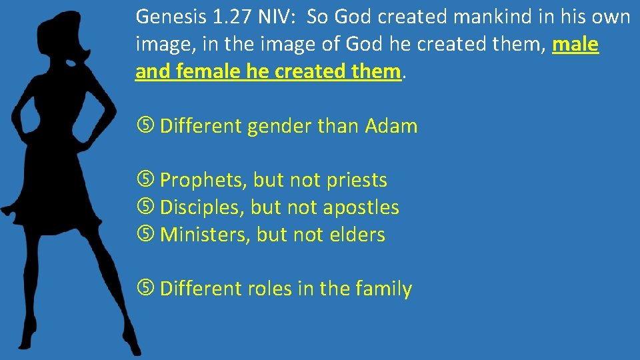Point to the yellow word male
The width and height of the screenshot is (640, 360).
[x=576, y=45]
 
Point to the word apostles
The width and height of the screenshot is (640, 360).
[x=361, y=207]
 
